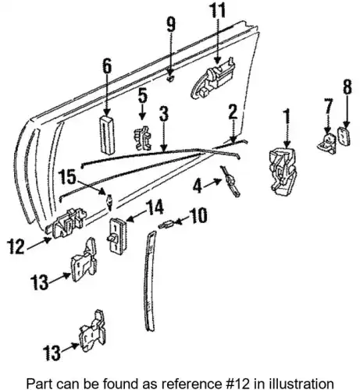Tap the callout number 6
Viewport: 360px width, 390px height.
click(107, 66)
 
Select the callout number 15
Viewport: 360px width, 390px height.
click(67, 178)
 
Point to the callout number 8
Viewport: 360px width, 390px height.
click(348, 87)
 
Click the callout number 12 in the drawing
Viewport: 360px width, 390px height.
click(16, 246)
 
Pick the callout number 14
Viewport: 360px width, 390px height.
click(155, 207)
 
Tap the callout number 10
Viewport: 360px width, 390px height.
click(199, 215)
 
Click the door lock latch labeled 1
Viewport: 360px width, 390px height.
click(283, 172)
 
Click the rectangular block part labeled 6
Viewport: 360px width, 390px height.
click(108, 135)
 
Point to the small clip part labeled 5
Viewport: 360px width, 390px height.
click(143, 138)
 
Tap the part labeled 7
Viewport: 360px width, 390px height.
click(326, 144)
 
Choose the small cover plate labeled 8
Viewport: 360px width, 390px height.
click(344, 136)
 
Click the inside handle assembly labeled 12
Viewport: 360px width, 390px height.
click(68, 222)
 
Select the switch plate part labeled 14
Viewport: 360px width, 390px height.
click(118, 236)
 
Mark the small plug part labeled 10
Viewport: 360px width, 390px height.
click(166, 224)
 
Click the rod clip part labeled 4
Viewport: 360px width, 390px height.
click(230, 181)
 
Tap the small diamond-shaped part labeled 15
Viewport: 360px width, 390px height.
click(109, 202)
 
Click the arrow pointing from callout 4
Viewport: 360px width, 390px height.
click(212, 183)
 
